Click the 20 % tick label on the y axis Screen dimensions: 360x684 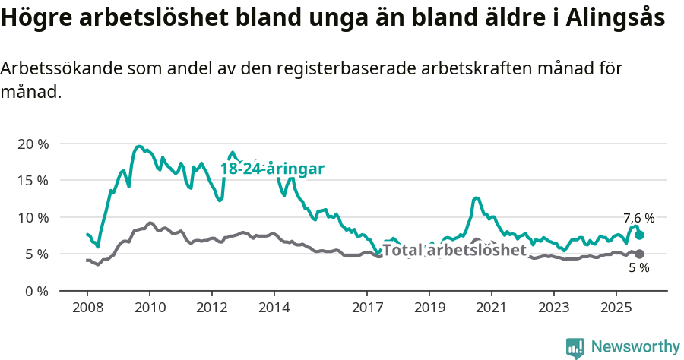click(33, 144)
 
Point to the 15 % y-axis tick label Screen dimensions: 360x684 click(33, 181)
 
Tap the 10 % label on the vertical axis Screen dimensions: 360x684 click(33, 217)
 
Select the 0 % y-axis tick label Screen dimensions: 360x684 click(36, 291)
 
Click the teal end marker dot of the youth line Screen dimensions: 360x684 click(640, 235)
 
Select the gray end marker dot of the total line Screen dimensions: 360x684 click(640, 254)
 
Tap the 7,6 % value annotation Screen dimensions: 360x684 click(638, 219)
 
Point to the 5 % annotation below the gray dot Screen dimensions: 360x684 click(638, 268)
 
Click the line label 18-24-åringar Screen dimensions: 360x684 click(272, 169)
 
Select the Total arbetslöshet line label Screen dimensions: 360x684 click(454, 250)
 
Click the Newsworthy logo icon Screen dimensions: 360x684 click(575, 347)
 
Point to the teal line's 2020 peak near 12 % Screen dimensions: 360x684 click(477, 198)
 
